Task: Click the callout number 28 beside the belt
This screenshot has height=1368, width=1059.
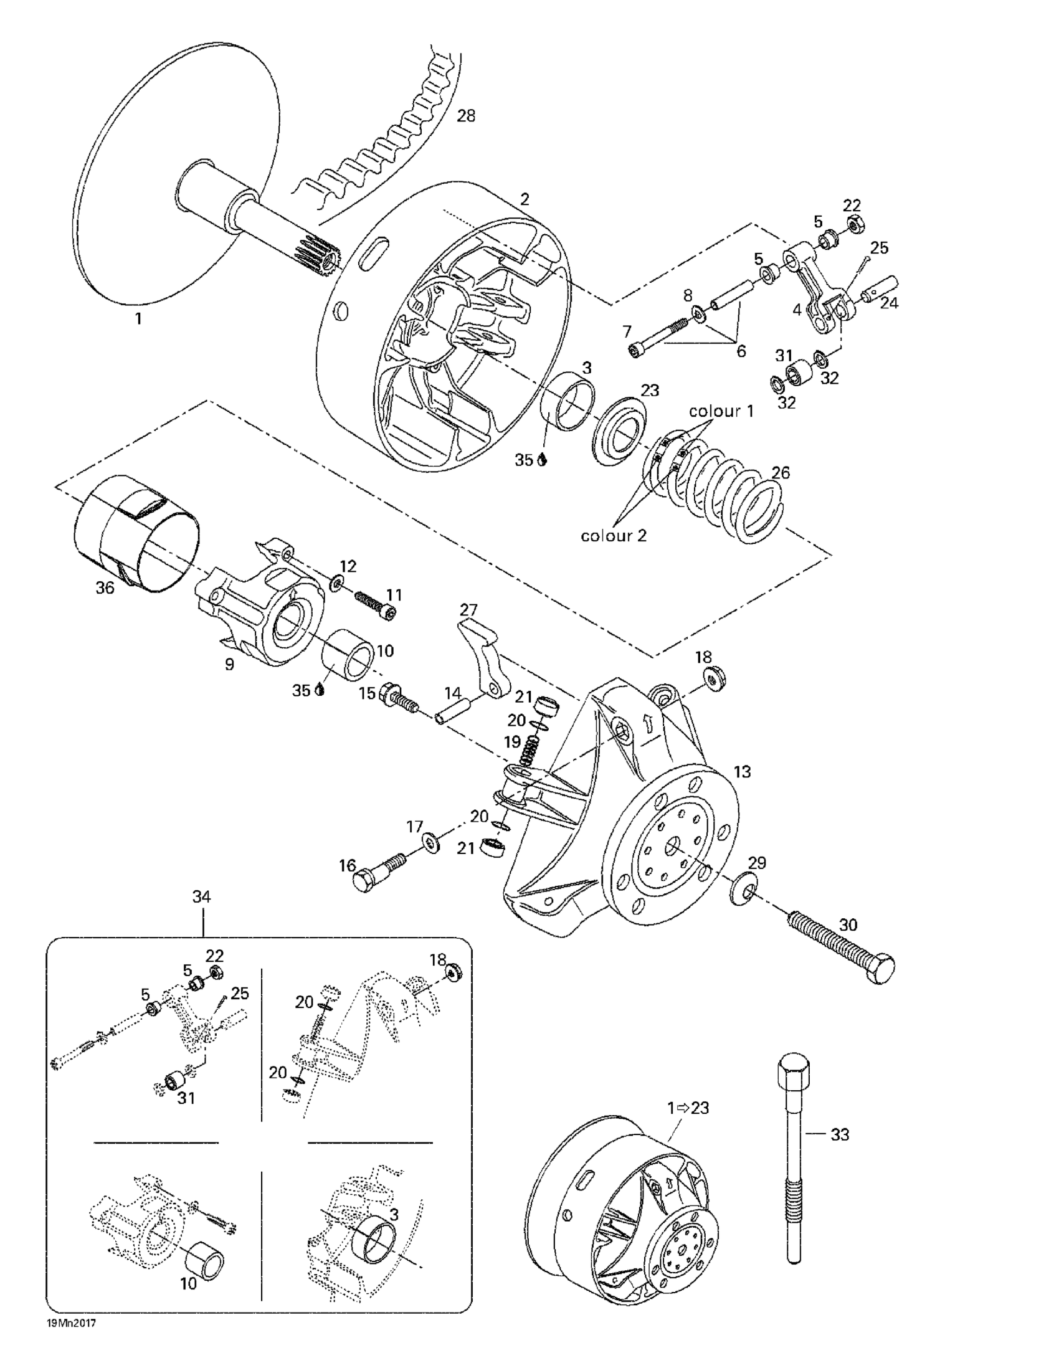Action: (465, 116)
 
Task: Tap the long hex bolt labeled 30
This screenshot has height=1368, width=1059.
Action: (840, 948)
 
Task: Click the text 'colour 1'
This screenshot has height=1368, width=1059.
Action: (721, 411)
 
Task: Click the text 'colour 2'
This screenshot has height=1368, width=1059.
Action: (614, 536)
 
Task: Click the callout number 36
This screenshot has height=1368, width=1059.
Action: (105, 588)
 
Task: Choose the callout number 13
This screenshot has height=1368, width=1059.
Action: (742, 772)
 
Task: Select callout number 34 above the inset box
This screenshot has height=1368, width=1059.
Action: (201, 896)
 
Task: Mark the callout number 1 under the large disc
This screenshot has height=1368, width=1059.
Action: (138, 319)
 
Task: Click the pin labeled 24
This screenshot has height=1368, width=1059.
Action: (876, 289)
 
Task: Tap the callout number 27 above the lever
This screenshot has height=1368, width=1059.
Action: (468, 610)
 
